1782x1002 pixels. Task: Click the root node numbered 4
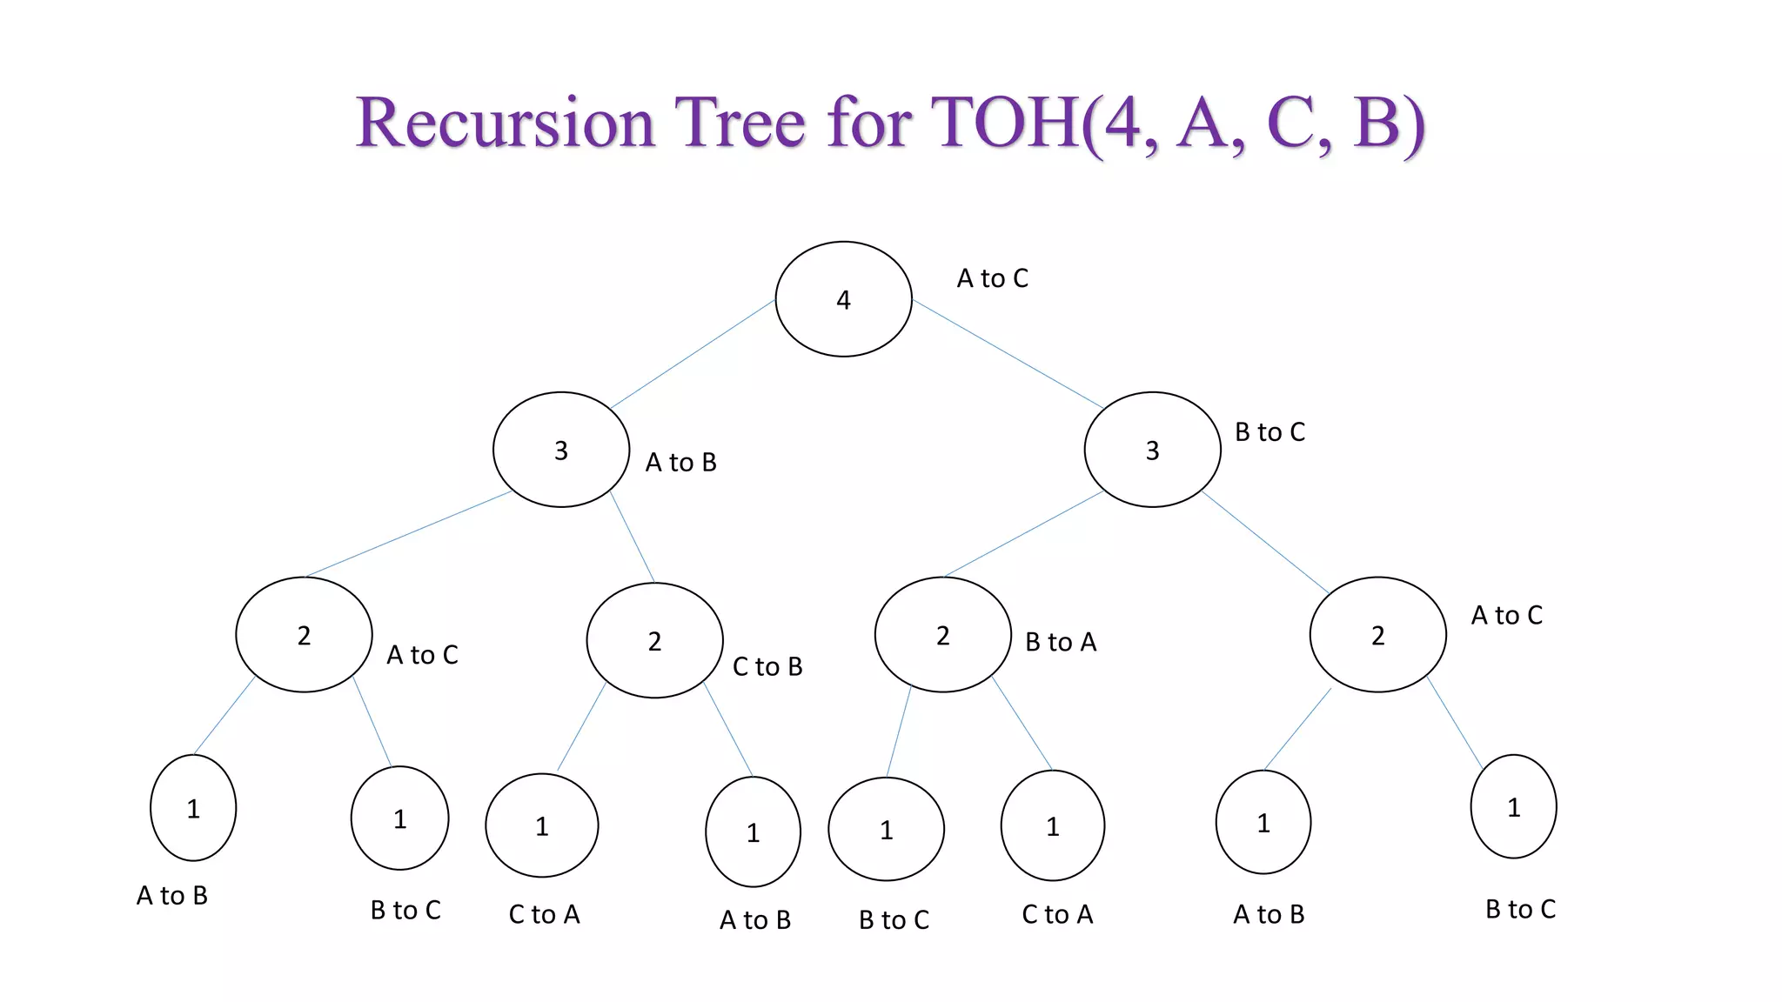pyautogui.click(x=843, y=299)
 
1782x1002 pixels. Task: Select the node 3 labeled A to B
pyautogui.click(x=561, y=450)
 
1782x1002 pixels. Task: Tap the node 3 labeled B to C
pyautogui.click(x=1152, y=450)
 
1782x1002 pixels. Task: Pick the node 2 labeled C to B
pyautogui.click(x=654, y=641)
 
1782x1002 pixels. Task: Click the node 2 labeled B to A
pyautogui.click(x=942, y=635)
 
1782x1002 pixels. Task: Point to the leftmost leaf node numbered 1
pyautogui.click(x=193, y=808)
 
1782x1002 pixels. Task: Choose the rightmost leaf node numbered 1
pyautogui.click(x=1513, y=806)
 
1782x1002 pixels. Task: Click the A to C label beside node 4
pyautogui.click(x=992, y=278)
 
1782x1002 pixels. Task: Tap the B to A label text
pyautogui.click(x=1061, y=642)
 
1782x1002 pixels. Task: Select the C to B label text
pyautogui.click(x=767, y=666)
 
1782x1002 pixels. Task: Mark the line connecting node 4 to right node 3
pyautogui.click(x=1008, y=354)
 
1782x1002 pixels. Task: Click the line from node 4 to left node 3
pyautogui.click(x=693, y=354)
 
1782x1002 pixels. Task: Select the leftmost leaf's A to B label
pyautogui.click(x=172, y=895)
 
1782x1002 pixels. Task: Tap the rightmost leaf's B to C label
pyautogui.click(x=1520, y=909)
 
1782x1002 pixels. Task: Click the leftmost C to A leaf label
pyautogui.click(x=544, y=914)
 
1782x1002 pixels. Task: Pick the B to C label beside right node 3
pyautogui.click(x=1270, y=432)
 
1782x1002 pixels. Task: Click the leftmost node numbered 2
pyautogui.click(x=304, y=635)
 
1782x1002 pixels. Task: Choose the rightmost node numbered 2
pyautogui.click(x=1377, y=635)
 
